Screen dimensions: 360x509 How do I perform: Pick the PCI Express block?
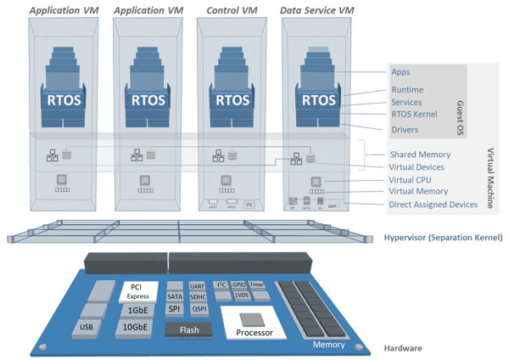click(138, 292)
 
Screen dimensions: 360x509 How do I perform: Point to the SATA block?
click(175, 296)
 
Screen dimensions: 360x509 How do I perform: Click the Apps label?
click(400, 73)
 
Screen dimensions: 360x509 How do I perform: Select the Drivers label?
click(405, 130)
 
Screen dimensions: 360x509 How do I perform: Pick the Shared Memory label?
click(420, 155)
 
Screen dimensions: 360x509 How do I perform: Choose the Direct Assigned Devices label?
click(433, 205)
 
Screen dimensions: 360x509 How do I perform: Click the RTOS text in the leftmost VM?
click(64, 98)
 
